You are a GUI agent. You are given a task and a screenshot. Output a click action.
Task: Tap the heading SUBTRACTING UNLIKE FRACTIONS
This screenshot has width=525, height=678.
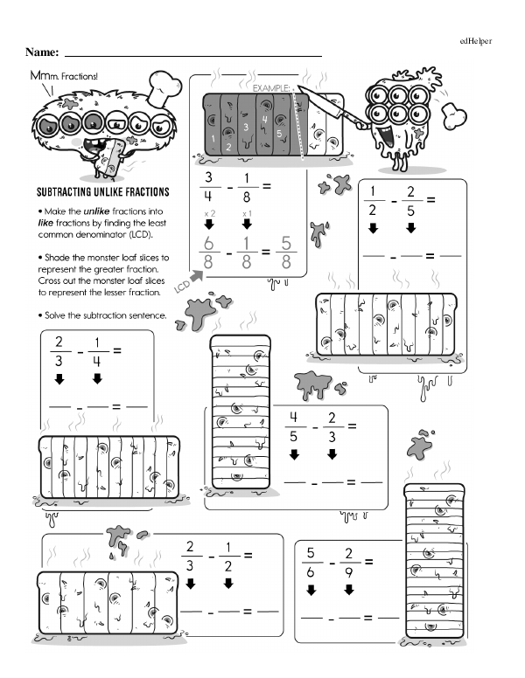tap(102, 191)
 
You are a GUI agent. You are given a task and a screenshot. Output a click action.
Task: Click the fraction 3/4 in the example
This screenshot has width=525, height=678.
tap(207, 186)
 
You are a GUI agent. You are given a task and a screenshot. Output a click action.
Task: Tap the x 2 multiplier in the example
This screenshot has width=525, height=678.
tap(208, 213)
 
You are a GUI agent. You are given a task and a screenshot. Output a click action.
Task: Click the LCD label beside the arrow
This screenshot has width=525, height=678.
tap(182, 287)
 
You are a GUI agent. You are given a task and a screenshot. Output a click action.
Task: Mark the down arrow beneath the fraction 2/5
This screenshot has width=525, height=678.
tap(410, 229)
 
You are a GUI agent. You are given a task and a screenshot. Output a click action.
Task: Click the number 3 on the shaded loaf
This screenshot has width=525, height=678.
tap(247, 128)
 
